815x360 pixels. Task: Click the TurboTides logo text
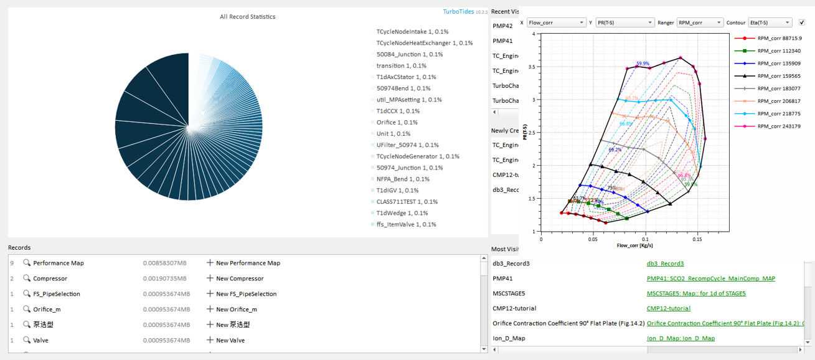458,11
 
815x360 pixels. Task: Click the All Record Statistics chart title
247,17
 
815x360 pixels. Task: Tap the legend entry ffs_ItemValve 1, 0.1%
406,224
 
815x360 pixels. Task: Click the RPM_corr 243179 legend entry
778,126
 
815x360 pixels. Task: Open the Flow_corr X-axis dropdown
555,22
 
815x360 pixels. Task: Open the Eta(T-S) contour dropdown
770,22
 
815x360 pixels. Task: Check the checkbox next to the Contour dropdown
802,22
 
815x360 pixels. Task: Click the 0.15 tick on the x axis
698,239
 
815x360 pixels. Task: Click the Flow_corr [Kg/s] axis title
635,245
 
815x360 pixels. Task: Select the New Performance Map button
243,263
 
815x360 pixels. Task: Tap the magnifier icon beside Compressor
27,278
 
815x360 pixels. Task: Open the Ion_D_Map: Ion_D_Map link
681,338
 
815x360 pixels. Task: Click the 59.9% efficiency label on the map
643,64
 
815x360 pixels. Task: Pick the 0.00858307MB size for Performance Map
166,263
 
